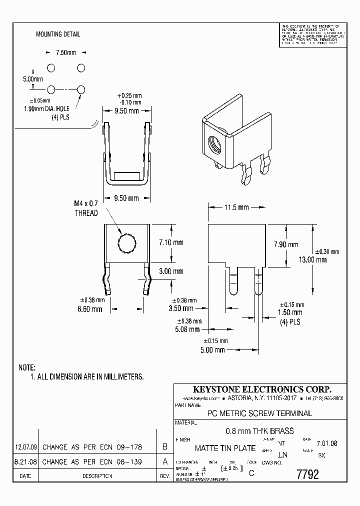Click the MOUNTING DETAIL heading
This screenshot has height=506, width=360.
pyautogui.click(x=57, y=34)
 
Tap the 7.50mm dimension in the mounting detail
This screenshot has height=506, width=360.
pyautogui.click(x=66, y=52)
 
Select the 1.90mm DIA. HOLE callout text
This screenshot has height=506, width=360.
pyautogui.click(x=48, y=109)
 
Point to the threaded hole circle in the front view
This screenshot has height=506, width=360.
pyautogui.click(x=127, y=244)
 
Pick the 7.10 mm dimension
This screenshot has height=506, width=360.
pyautogui.click(x=171, y=242)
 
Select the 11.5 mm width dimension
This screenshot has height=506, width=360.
pyautogui.click(x=236, y=207)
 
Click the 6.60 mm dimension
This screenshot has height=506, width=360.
pyautogui.click(x=90, y=309)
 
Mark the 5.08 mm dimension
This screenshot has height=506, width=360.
pyautogui.click(x=188, y=329)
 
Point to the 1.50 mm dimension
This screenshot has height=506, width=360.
pyautogui.click(x=289, y=313)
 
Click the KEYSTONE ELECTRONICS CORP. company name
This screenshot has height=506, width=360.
pyautogui.click(x=262, y=389)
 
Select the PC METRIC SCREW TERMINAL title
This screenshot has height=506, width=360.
pyautogui.click(x=259, y=413)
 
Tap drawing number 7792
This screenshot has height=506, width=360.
pyautogui.click(x=307, y=474)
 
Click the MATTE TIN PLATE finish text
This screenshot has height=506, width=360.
pyautogui.click(x=225, y=448)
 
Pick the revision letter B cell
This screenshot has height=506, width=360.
pyautogui.click(x=164, y=446)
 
